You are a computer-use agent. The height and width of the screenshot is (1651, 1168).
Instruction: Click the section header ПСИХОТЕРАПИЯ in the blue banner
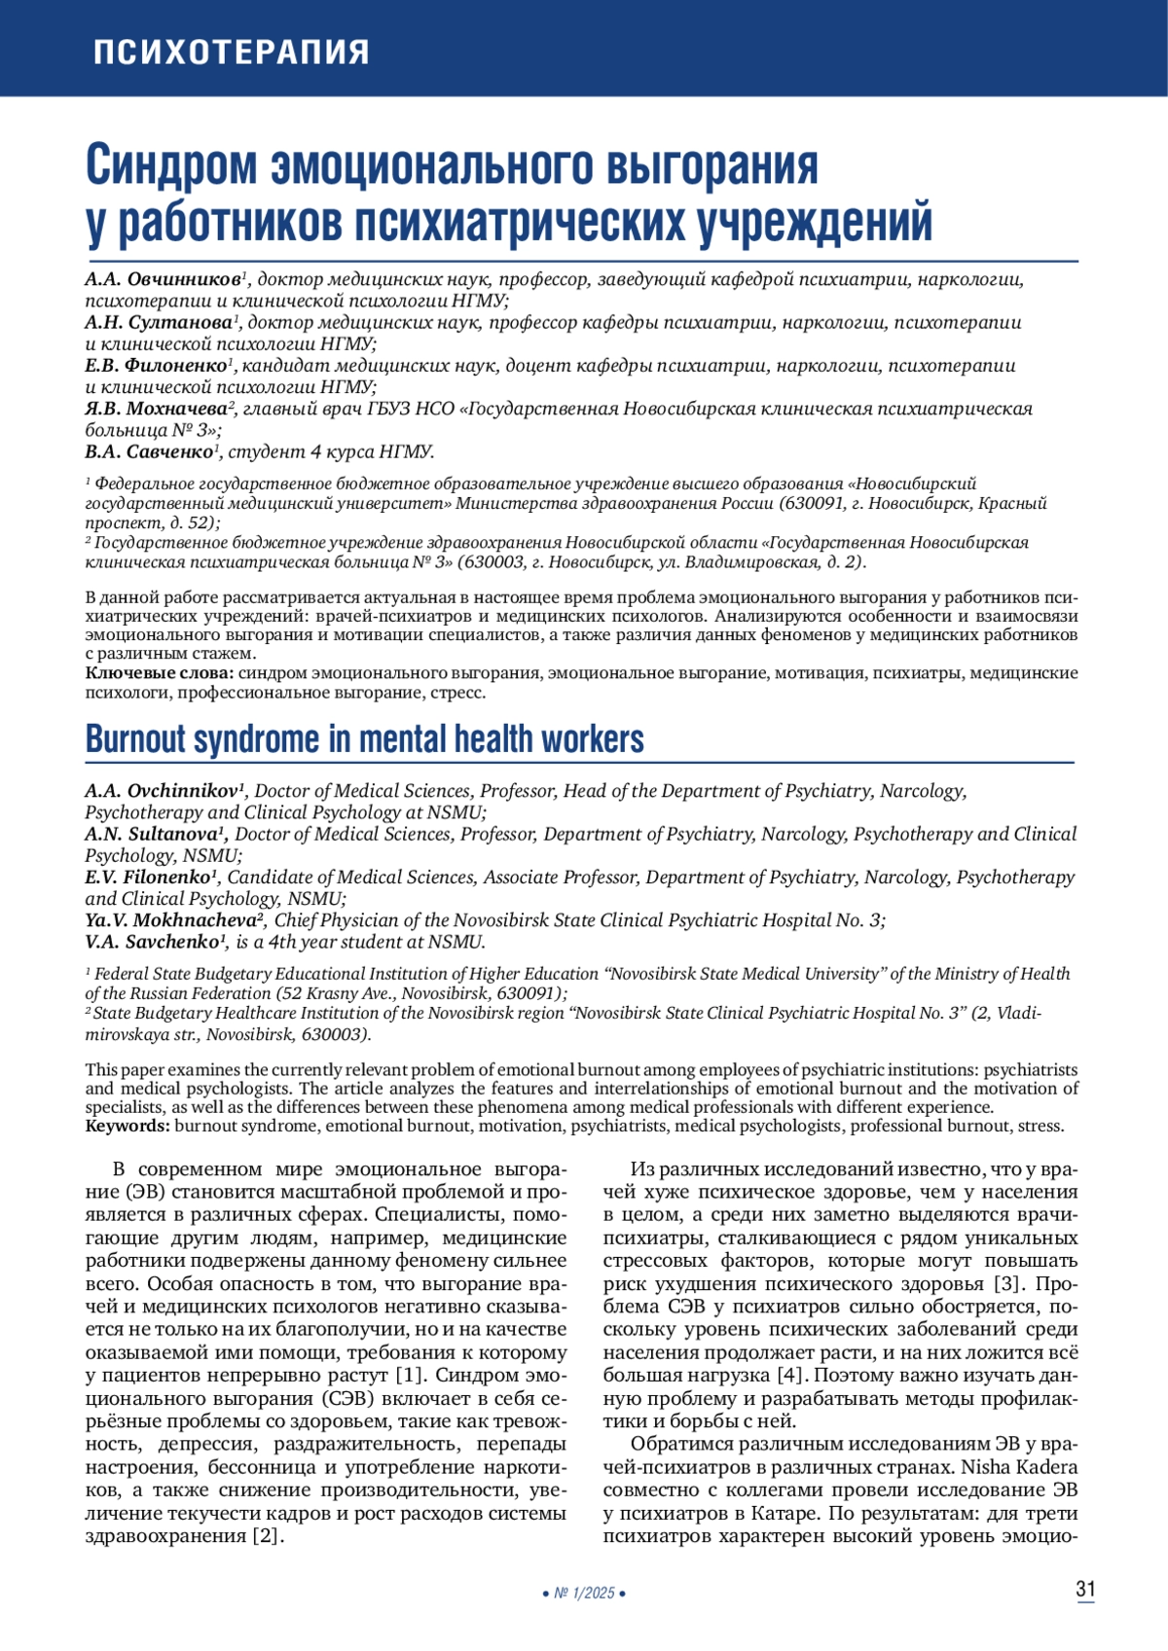coord(231,52)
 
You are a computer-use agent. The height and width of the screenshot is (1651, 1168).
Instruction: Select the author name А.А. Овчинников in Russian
coord(163,280)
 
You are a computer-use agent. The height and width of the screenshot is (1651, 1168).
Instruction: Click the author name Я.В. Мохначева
coord(156,409)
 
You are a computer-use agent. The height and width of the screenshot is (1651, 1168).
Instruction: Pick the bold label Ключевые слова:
coord(160,673)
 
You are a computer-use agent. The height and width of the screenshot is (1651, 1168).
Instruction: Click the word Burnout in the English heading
coord(134,739)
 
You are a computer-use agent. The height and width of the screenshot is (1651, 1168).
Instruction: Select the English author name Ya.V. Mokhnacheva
coord(169,920)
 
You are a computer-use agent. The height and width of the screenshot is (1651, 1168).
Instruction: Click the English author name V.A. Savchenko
coord(151,942)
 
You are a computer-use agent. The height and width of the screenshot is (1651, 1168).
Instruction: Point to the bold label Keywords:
coord(128,1126)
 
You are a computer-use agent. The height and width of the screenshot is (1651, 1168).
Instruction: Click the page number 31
coord(1085,1590)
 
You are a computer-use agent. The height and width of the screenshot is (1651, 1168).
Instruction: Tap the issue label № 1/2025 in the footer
coord(584,1594)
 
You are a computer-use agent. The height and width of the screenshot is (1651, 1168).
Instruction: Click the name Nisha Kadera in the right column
coord(1019,1467)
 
